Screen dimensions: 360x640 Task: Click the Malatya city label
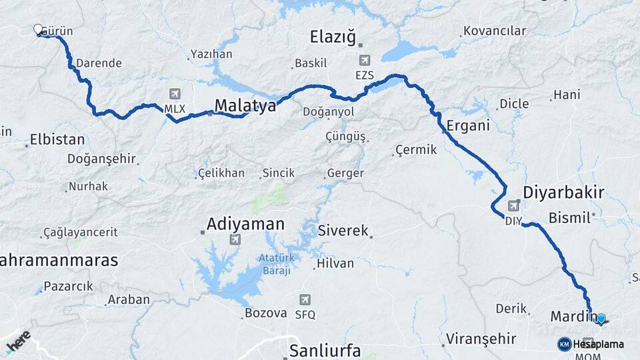click(x=245, y=105)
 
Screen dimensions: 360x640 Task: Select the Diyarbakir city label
click(x=563, y=193)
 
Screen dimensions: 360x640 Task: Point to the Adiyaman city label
click(x=245, y=224)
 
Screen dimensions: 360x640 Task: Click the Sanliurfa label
click(x=325, y=351)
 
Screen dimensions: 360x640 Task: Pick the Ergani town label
click(x=468, y=125)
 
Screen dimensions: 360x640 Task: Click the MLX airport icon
click(x=175, y=94)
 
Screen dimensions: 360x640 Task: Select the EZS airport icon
click(x=365, y=61)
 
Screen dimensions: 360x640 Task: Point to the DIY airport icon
click(x=513, y=206)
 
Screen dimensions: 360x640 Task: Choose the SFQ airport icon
click(x=305, y=300)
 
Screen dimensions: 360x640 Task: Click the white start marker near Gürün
click(x=38, y=29)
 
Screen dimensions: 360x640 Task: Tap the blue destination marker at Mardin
click(x=601, y=319)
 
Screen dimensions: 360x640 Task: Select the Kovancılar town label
click(x=495, y=31)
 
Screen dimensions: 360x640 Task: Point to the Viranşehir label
click(x=481, y=338)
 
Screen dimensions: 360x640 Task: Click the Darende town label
click(x=99, y=63)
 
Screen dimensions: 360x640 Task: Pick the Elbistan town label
click(x=57, y=140)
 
